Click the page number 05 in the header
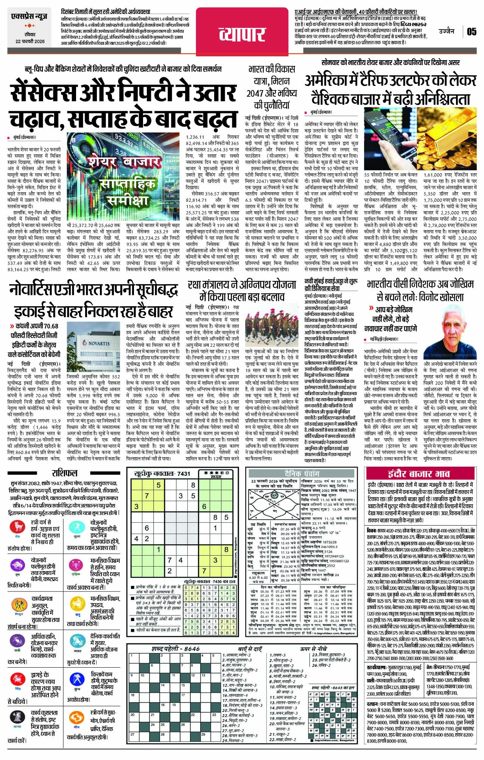tap(471, 31)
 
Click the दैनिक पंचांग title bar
tap(302, 473)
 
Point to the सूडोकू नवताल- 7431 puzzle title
tap(162, 473)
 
